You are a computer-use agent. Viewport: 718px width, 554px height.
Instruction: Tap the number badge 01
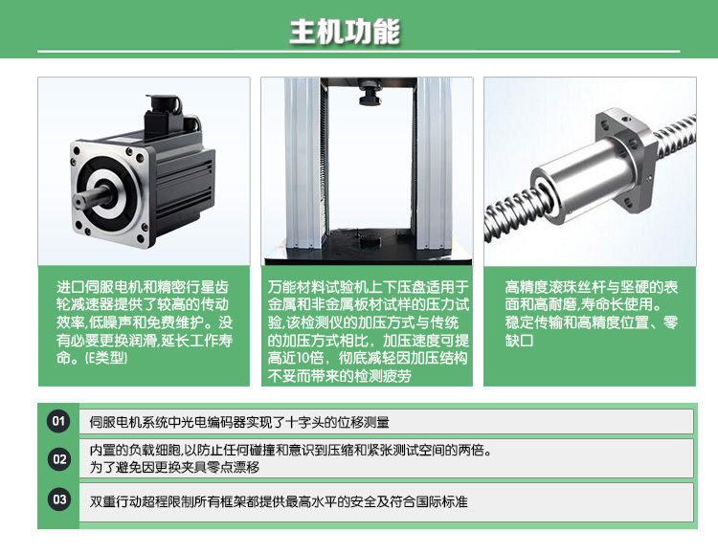pos(59,421)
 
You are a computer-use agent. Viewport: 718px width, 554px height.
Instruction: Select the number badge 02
pos(59,459)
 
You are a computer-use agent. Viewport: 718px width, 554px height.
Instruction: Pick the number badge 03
pos(59,499)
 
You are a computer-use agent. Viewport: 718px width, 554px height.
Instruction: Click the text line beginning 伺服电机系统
pos(239,422)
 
